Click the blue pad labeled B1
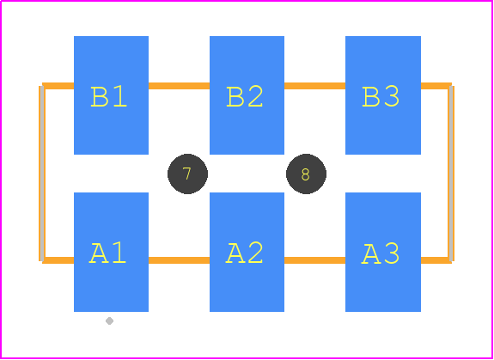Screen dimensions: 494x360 [111, 95]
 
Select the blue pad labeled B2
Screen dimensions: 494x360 [247, 95]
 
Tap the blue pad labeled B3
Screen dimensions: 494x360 [383, 95]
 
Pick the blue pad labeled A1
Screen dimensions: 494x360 [111, 252]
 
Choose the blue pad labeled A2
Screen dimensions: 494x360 [247, 252]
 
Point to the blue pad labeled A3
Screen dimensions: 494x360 [383, 252]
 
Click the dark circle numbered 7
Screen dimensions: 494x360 [187, 174]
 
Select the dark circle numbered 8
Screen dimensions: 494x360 [306, 174]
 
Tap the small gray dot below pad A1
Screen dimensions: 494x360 [109, 321]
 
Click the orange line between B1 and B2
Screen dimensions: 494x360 [179, 86]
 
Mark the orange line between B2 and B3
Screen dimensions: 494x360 [314, 86]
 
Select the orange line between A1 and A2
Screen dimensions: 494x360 [179, 260]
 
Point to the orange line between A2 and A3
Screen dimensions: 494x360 [314, 260]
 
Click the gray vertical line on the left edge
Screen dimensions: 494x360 [42, 174]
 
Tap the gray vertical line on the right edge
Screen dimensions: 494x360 [451, 174]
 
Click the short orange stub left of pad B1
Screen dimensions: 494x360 [58, 86]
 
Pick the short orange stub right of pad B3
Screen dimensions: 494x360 [436, 86]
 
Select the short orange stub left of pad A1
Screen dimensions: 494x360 [58, 260]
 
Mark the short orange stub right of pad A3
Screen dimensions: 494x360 [436, 260]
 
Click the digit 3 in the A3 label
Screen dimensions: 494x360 [391, 253]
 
